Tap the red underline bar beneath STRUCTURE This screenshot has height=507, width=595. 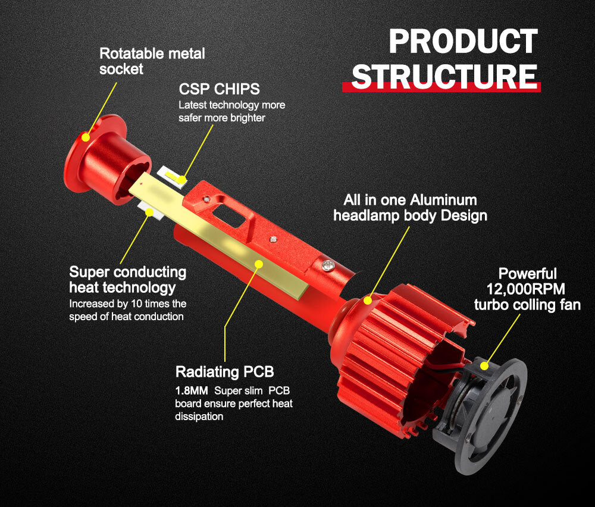(x=441, y=87)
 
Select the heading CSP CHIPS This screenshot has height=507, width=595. (x=220, y=89)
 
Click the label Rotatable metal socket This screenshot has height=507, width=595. (x=152, y=61)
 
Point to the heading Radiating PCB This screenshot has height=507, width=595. (x=225, y=372)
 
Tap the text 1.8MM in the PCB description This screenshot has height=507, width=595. (x=192, y=391)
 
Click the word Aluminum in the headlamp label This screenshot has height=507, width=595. (x=448, y=200)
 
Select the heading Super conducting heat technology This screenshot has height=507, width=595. (x=127, y=280)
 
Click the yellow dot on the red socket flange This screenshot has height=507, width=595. (x=86, y=137)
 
